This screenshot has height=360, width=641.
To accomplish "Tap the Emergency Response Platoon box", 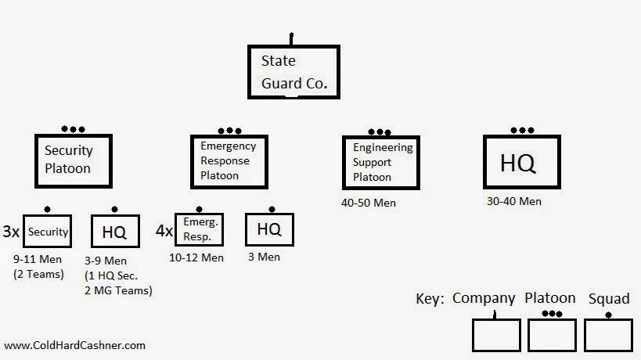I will tap(229, 160).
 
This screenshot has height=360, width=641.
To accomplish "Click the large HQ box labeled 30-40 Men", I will tap(520, 163).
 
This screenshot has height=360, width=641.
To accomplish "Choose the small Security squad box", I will tap(47, 232).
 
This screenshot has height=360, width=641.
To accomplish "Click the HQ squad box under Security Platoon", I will tap(115, 232).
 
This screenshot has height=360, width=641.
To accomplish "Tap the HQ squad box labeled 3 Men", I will tap(270, 229).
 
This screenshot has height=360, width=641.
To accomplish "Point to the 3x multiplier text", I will tap(11, 232).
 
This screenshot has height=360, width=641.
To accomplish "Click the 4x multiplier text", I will tap(164, 232).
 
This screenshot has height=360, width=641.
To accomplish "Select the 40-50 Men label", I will tap(369, 203).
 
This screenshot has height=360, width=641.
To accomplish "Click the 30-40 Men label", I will tap(514, 201).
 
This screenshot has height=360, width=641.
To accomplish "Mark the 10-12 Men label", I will tap(196, 257).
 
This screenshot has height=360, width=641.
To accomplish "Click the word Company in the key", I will tap(484, 298).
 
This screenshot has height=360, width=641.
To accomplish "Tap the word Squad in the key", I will tap(608, 298).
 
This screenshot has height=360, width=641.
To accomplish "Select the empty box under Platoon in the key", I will tap(552, 334).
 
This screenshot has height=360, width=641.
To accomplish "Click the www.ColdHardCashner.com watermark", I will tap(74, 344).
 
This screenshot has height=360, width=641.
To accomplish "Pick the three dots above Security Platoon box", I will tap(73, 129).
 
